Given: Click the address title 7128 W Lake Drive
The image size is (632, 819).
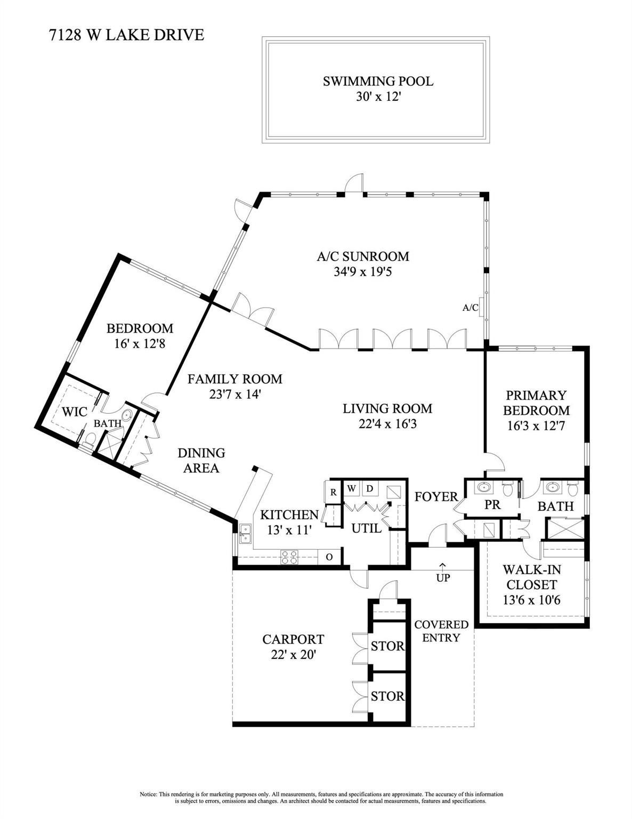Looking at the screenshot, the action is [x=126, y=35].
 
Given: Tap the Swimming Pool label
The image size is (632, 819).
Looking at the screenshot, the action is [x=378, y=81].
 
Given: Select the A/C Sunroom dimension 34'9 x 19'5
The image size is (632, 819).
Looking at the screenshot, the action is [x=363, y=272].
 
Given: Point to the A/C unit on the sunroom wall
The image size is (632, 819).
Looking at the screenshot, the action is [x=481, y=307].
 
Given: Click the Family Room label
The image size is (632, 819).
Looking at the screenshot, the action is [x=234, y=379].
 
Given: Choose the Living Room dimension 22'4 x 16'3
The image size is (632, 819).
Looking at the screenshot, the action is [x=387, y=424].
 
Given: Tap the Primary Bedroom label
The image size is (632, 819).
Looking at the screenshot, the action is [x=536, y=403].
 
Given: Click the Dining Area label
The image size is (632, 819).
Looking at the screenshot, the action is [x=201, y=460].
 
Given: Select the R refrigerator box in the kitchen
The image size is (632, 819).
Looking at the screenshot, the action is [x=333, y=492].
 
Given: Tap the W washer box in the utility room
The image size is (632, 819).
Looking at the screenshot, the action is [x=351, y=489].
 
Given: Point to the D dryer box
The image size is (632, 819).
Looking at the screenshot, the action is [x=369, y=489].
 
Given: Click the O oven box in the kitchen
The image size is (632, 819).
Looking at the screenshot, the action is [x=329, y=557].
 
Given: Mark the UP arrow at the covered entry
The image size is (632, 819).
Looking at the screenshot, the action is [x=443, y=565].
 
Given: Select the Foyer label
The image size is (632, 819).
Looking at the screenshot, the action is [x=436, y=497].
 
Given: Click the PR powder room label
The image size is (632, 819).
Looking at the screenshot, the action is [x=492, y=504].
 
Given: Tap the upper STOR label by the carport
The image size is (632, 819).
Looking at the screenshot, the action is [x=387, y=646].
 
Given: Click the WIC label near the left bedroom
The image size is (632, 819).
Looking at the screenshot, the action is [x=75, y=412].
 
